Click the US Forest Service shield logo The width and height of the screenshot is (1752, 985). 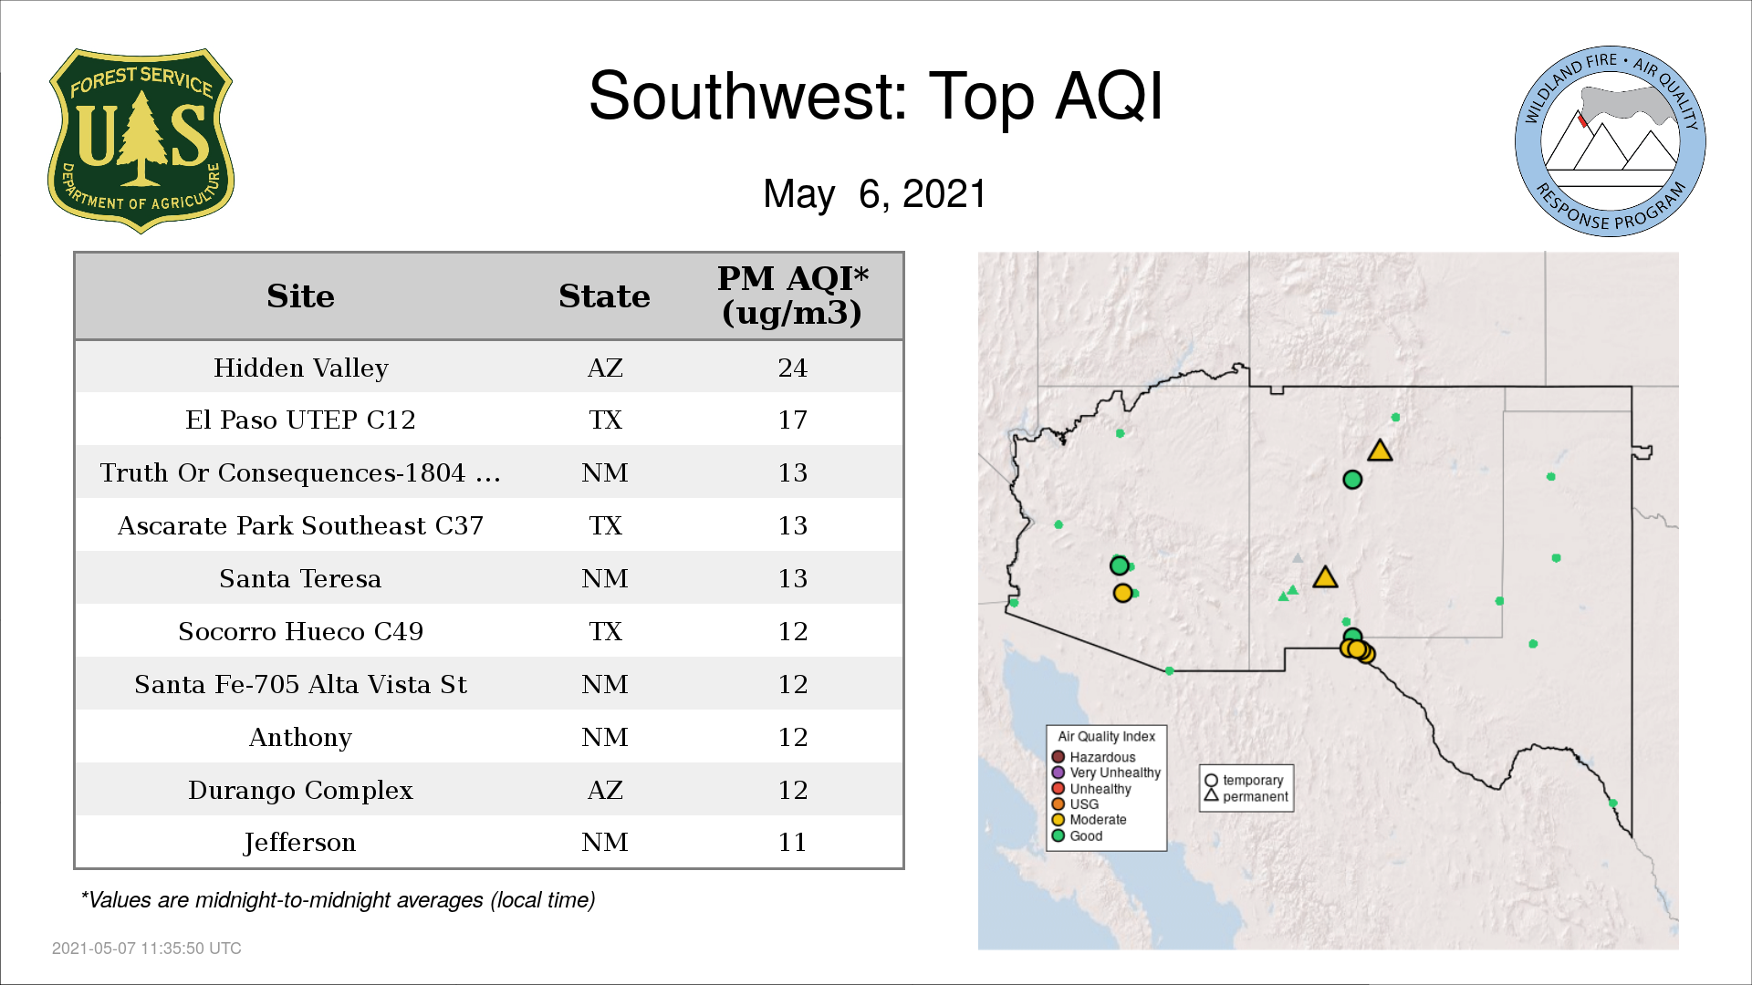click(141, 141)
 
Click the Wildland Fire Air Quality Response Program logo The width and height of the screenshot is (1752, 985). click(1611, 141)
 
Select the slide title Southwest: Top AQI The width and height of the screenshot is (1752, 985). click(876, 96)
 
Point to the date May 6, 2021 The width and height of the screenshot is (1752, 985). click(875, 193)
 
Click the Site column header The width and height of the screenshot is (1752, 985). click(300, 296)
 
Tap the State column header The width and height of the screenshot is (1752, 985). click(604, 296)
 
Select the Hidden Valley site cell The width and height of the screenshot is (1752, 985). click(301, 368)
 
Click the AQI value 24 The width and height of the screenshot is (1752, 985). click(792, 368)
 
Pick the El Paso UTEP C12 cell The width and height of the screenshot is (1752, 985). click(301, 420)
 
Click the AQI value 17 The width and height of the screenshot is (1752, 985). click(792, 420)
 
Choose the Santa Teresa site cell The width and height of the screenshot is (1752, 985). click(300, 578)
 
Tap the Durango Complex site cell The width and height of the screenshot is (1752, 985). click(300, 790)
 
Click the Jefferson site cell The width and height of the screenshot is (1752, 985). click(300, 843)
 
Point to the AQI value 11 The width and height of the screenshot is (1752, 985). click(792, 842)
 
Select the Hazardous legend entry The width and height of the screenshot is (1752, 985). click(1094, 757)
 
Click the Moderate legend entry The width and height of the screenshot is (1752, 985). click(1090, 819)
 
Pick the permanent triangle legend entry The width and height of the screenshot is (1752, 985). click(1246, 796)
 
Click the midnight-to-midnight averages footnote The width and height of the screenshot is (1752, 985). click(338, 900)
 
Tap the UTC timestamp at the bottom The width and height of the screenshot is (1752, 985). click(147, 949)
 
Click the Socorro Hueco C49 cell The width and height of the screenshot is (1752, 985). click(301, 631)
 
